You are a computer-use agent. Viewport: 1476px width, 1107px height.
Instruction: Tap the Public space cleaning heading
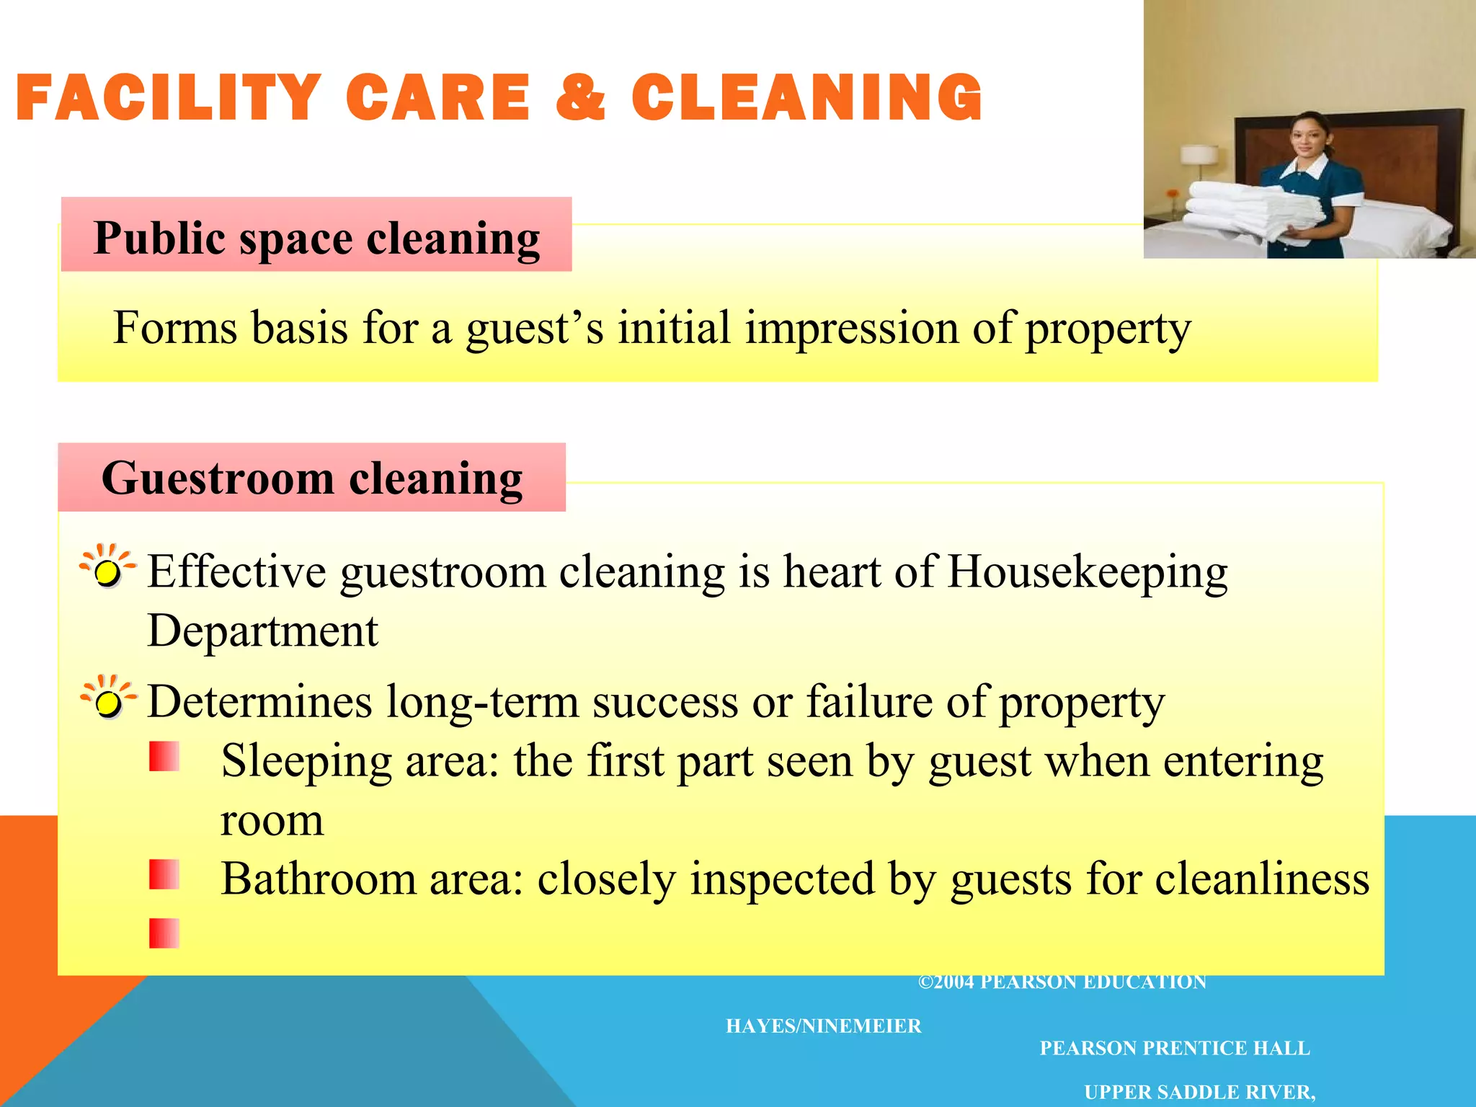click(316, 238)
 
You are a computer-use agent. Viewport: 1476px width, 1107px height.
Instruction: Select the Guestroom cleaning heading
click(312, 478)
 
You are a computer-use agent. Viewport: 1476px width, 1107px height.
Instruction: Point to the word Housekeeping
click(1088, 572)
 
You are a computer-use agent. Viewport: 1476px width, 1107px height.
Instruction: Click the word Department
click(262, 631)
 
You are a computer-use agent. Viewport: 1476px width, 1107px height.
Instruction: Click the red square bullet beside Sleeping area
click(164, 757)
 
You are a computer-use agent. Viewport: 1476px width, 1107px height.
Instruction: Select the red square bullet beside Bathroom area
click(164, 874)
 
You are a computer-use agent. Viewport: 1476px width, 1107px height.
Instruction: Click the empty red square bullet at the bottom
click(164, 933)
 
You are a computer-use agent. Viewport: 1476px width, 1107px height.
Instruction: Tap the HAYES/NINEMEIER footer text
click(823, 1026)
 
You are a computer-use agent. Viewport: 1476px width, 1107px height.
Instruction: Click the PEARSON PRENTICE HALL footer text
click(1174, 1048)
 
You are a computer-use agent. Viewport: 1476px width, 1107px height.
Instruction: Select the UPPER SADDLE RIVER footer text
click(1199, 1092)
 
